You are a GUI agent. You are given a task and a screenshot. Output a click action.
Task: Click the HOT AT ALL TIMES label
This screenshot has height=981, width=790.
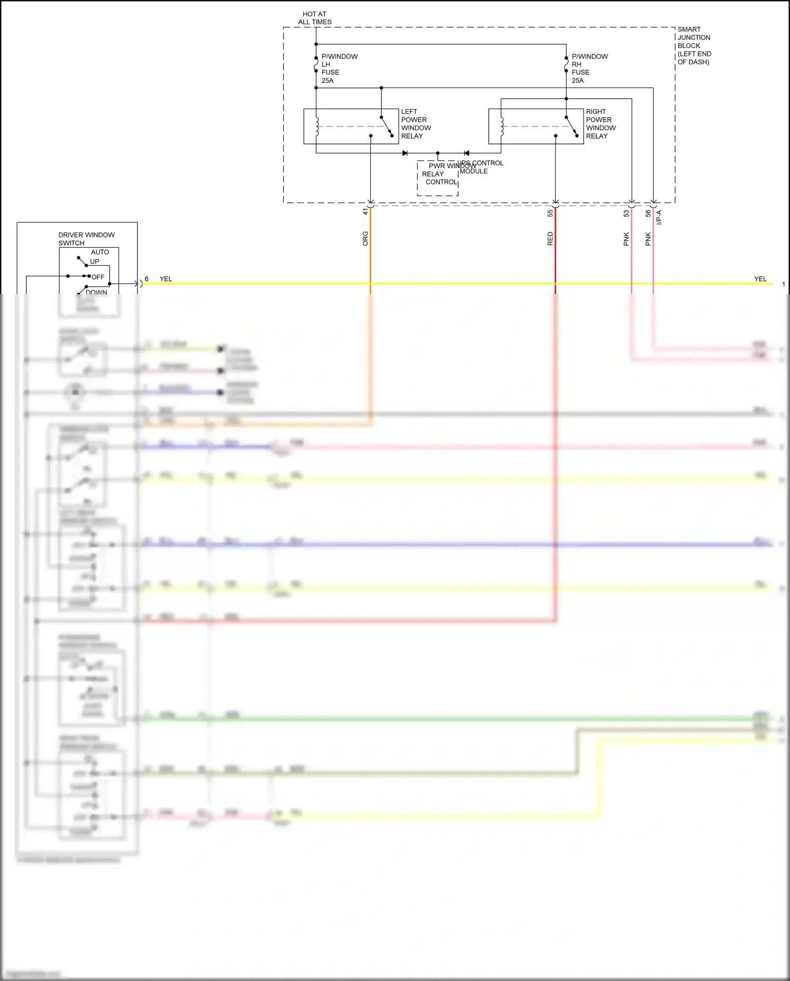(x=315, y=18)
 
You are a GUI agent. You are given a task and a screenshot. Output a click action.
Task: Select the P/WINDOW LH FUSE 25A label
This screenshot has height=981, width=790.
(x=339, y=69)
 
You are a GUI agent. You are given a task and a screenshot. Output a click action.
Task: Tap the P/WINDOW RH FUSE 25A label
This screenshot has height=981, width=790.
(x=589, y=69)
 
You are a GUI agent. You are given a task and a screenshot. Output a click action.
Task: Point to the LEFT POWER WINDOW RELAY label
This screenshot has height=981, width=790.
(x=416, y=124)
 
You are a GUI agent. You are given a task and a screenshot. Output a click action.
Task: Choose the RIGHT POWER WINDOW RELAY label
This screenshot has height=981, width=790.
(x=600, y=124)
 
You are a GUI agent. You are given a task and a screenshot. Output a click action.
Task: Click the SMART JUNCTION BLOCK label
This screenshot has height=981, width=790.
(x=694, y=45)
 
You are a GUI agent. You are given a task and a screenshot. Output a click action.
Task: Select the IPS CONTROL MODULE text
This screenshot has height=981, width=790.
(x=481, y=167)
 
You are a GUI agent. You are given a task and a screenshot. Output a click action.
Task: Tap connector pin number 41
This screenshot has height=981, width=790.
(x=365, y=211)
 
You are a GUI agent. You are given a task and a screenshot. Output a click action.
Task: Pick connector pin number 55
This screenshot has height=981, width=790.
(x=550, y=213)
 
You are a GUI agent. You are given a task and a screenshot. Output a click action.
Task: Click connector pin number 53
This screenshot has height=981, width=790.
(x=626, y=213)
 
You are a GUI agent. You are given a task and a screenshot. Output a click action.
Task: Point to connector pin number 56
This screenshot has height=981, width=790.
(x=648, y=213)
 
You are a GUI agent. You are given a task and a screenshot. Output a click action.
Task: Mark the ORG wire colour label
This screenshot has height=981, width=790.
(x=365, y=238)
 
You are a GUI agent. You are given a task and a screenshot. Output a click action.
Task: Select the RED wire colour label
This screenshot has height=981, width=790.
(x=550, y=239)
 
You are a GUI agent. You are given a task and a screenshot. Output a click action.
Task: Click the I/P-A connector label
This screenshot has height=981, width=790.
(x=659, y=217)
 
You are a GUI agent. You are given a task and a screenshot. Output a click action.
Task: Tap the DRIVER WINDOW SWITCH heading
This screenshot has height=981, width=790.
(x=86, y=239)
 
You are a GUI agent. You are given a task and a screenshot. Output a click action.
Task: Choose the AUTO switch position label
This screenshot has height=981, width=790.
(x=100, y=252)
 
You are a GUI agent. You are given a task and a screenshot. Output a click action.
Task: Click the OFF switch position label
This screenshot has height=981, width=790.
(x=98, y=277)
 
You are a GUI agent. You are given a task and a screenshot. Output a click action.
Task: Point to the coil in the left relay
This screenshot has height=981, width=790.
(x=317, y=127)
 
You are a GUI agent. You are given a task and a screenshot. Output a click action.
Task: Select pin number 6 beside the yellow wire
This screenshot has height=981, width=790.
(x=146, y=279)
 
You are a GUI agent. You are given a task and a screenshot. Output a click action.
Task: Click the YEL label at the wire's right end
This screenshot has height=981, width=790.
(x=760, y=279)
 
